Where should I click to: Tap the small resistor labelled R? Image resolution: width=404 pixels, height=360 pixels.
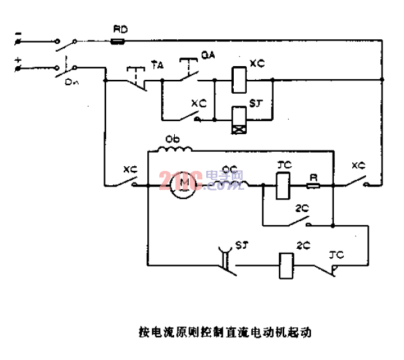312,185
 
